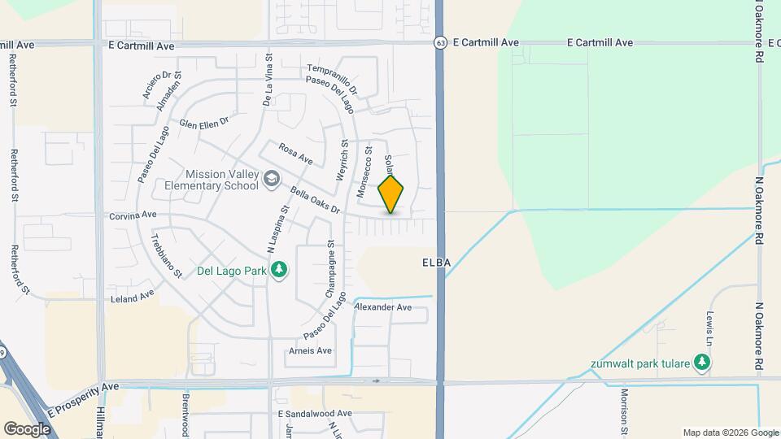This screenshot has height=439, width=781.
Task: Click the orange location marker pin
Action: [x=391, y=194]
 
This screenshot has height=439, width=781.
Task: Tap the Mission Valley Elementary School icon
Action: [x=271, y=179]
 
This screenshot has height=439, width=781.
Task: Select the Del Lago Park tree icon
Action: [x=279, y=269]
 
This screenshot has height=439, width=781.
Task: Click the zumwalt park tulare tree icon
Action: [x=701, y=363]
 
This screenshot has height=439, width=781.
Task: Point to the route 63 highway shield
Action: [x=440, y=42]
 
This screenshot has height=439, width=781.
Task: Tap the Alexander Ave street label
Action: [x=383, y=307]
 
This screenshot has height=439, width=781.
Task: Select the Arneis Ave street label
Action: [x=311, y=350]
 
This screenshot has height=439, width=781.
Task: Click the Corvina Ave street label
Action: [x=133, y=216]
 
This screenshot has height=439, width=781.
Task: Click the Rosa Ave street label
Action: [x=295, y=153]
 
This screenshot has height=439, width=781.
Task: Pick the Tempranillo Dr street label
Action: [x=332, y=77]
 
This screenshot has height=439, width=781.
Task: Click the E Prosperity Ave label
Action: [x=82, y=395]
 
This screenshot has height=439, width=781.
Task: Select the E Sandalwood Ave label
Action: [x=315, y=414]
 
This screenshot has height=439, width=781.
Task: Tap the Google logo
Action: [x=28, y=428]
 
